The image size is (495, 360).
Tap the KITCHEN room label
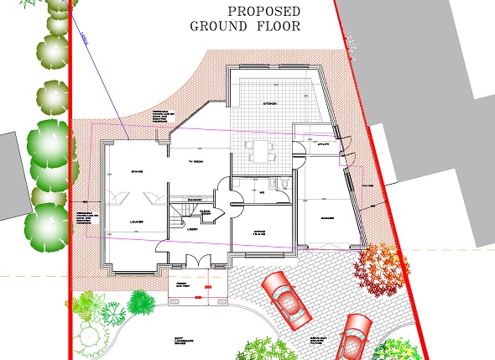(269, 102)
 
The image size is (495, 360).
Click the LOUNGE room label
(136, 222)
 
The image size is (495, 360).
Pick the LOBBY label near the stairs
(191, 227)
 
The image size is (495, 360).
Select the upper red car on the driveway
(288, 299)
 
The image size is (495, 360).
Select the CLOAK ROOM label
(216, 213)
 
